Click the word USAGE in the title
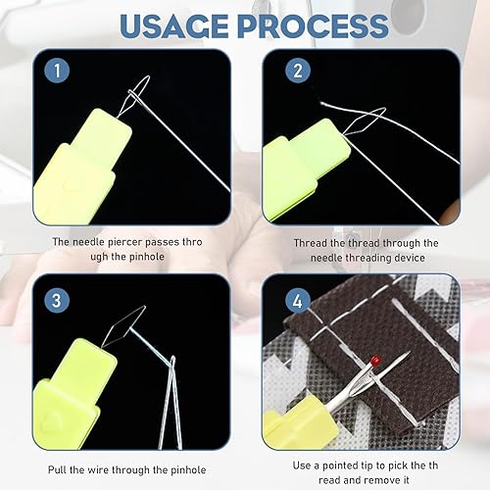174,25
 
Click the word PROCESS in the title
314,25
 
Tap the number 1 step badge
57,71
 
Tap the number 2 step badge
298,71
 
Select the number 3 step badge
57,300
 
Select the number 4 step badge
298,300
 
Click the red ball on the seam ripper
375,361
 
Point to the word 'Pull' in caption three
58,469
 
